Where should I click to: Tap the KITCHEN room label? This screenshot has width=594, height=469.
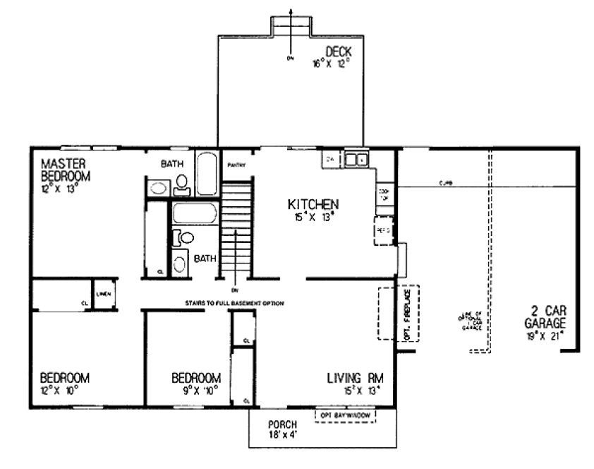point(313,205)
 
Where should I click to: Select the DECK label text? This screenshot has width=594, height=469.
point(338,52)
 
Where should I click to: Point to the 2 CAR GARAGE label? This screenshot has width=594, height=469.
point(548,316)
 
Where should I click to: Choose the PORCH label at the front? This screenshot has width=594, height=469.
point(281,424)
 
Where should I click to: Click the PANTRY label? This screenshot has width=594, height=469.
point(236,166)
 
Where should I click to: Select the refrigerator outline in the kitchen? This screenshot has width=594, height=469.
point(383,231)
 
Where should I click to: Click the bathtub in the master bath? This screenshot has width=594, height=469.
point(207,173)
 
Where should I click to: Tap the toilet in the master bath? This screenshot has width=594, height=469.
point(181,184)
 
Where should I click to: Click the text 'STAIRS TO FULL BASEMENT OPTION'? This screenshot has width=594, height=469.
point(234,303)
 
